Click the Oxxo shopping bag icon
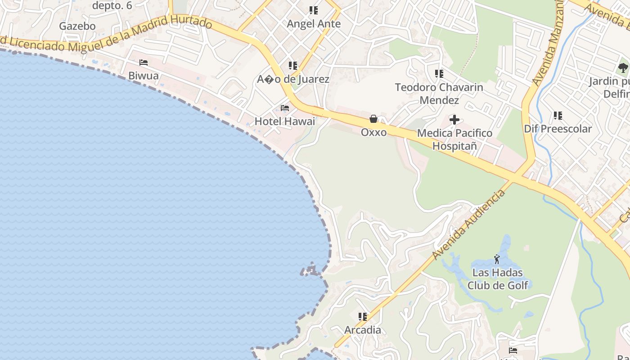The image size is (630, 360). pyautogui.click(x=373, y=119)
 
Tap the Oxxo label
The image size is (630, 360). pyautogui.click(x=373, y=132)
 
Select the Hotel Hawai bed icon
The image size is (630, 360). pyautogui.click(x=285, y=108)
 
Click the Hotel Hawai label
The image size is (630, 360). pyautogui.click(x=285, y=121)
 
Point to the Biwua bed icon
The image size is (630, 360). pyautogui.click(x=144, y=63)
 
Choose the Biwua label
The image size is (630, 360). pyautogui.click(x=144, y=76)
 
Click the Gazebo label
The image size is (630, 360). pyautogui.click(x=77, y=26)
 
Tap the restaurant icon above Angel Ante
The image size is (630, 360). pyautogui.click(x=314, y=10)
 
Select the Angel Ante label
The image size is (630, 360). pyautogui.click(x=314, y=24)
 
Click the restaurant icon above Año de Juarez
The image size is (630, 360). pyautogui.click(x=293, y=66)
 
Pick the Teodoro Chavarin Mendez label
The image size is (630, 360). pyautogui.click(x=439, y=94)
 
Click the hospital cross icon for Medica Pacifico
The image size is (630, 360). pyautogui.click(x=454, y=120)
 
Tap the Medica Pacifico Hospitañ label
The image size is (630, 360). pyautogui.click(x=454, y=139)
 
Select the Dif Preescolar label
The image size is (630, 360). pyautogui.click(x=558, y=129)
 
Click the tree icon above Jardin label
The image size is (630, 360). pyautogui.click(x=623, y=68)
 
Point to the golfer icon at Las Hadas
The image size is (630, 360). pyautogui.click(x=497, y=259)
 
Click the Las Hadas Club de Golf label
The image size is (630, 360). pyautogui.click(x=497, y=279)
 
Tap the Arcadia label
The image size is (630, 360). pyautogui.click(x=363, y=330)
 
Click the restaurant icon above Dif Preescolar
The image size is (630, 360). pyautogui.click(x=558, y=116)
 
